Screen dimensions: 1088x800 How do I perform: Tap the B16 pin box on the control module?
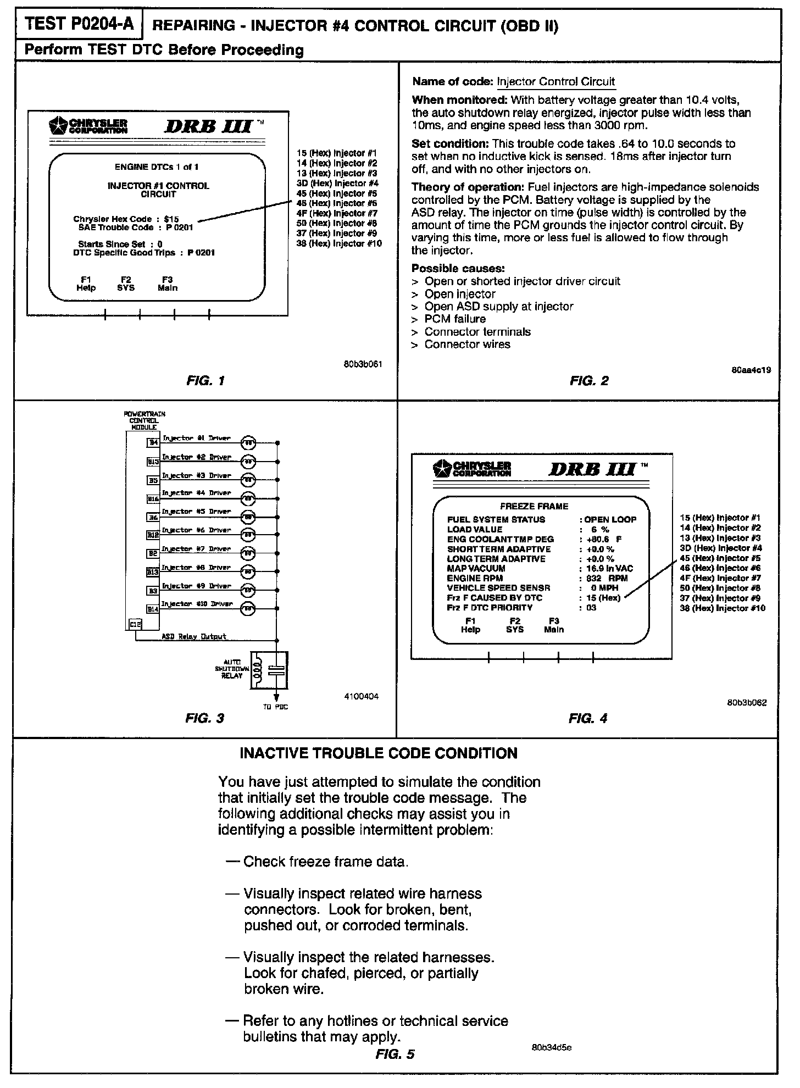click(x=153, y=499)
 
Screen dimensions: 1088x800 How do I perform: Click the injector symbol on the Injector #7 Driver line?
click(x=248, y=553)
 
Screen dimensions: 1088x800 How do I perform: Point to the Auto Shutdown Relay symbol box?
click(x=269, y=670)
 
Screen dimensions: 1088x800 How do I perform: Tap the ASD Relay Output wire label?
click(x=193, y=636)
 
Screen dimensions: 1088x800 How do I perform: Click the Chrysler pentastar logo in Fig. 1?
click(x=57, y=126)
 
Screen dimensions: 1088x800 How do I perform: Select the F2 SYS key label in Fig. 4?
click(x=514, y=625)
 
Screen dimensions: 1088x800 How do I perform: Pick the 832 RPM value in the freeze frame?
click(x=607, y=578)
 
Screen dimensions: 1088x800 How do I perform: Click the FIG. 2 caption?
click(x=589, y=380)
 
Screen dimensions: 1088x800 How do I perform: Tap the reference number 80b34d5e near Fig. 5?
click(x=552, y=1047)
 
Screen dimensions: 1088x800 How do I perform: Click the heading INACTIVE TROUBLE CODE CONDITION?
click(x=379, y=753)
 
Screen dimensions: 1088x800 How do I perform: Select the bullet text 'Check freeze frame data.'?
click(x=326, y=862)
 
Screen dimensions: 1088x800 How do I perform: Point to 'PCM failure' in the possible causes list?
click(x=455, y=319)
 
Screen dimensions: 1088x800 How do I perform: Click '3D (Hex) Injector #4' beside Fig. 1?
click(x=337, y=183)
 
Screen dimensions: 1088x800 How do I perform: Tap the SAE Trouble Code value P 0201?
click(x=180, y=227)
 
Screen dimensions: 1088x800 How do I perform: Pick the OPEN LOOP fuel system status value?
click(x=610, y=519)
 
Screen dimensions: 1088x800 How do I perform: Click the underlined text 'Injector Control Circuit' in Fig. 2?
click(x=555, y=82)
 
